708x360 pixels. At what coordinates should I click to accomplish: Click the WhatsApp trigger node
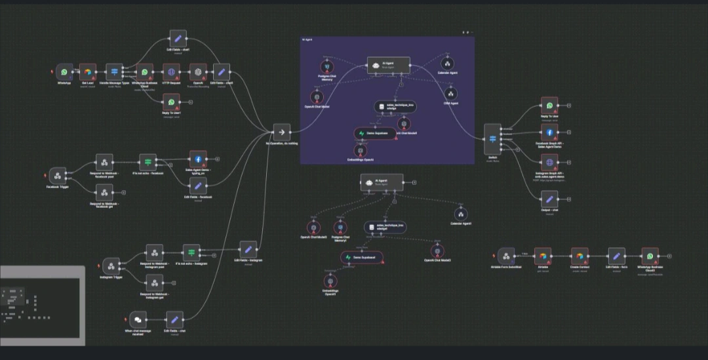(x=64, y=72)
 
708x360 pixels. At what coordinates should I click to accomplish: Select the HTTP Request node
(x=172, y=72)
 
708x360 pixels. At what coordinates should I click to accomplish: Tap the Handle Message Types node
(x=115, y=72)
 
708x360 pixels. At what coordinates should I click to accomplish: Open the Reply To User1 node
(x=172, y=102)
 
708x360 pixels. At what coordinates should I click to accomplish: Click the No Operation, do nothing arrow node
(x=281, y=132)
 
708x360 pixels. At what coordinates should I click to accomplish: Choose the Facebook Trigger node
(x=58, y=176)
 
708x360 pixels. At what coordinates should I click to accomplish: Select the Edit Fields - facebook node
(x=197, y=186)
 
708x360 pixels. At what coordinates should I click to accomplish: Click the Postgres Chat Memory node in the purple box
(x=326, y=67)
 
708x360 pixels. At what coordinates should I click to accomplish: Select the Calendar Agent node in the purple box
(x=448, y=64)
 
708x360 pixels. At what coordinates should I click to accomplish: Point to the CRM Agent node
(x=451, y=94)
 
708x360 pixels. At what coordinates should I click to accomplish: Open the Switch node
(x=492, y=139)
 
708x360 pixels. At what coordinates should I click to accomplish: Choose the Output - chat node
(x=549, y=199)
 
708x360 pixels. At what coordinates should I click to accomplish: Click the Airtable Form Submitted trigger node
(x=505, y=256)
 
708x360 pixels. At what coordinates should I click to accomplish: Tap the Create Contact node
(x=579, y=256)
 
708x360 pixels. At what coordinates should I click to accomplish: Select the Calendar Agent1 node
(x=461, y=214)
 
